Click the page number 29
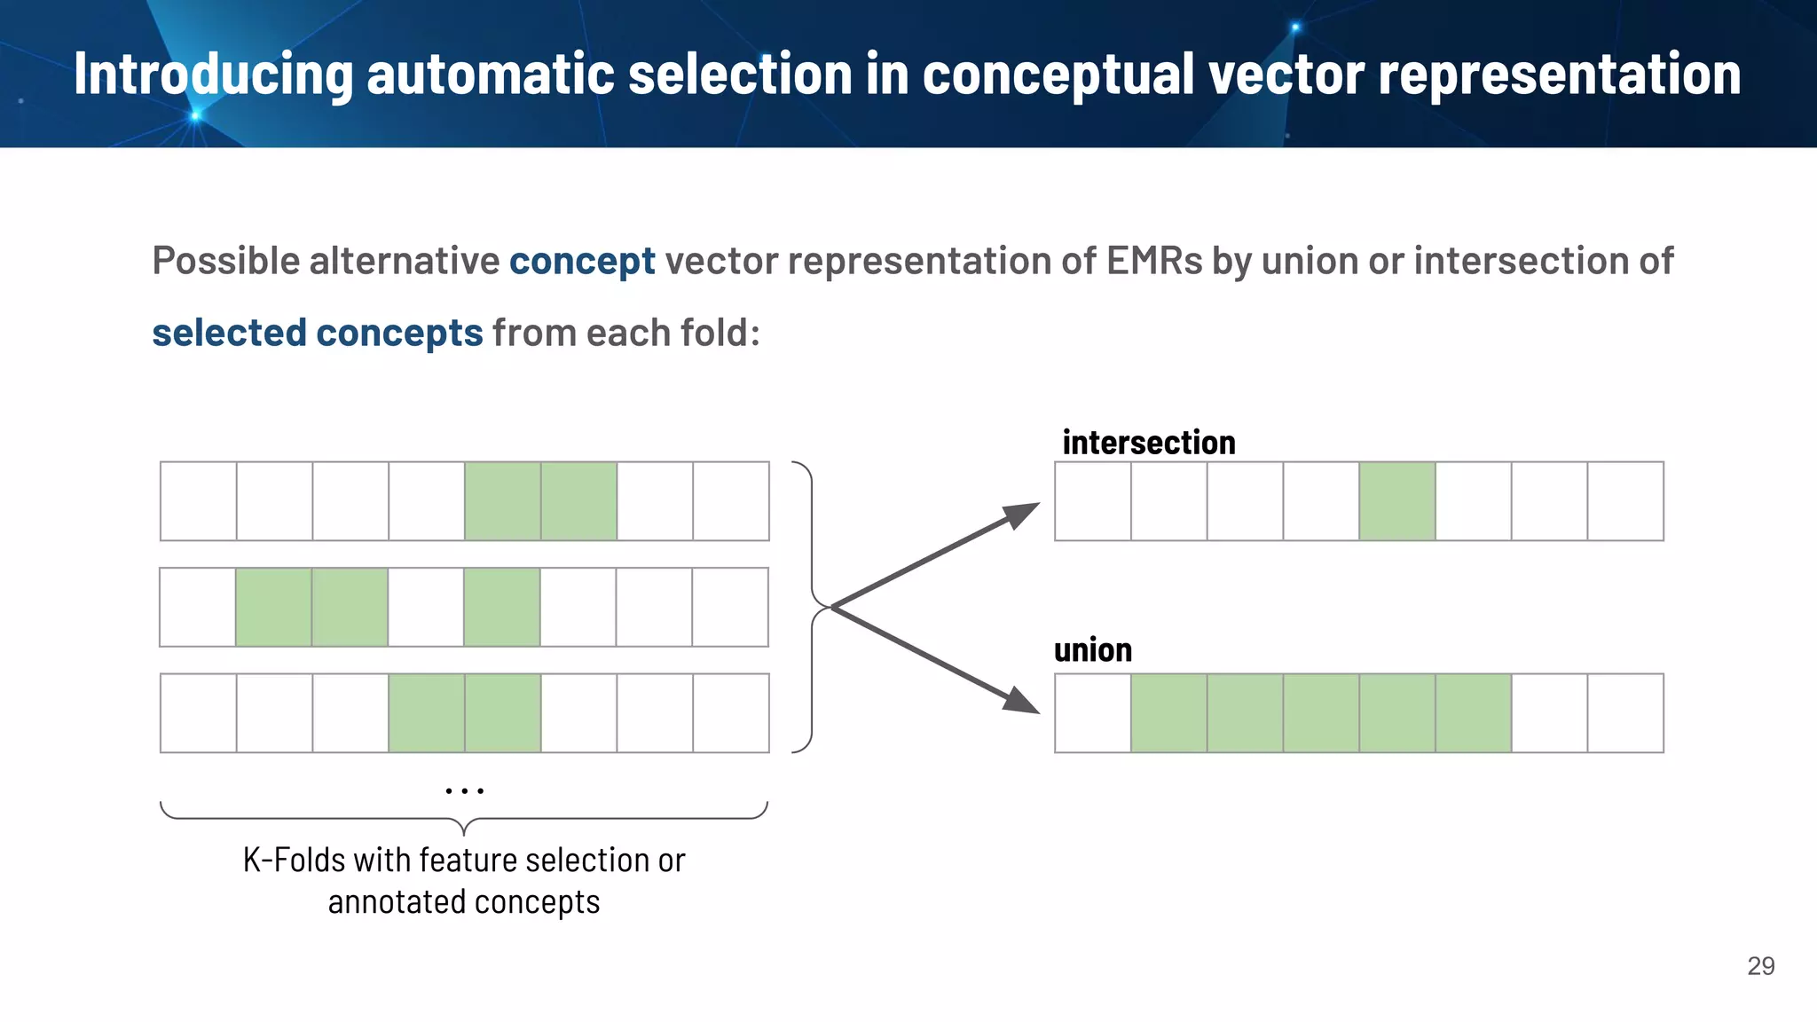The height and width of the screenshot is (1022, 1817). pyautogui.click(x=1760, y=966)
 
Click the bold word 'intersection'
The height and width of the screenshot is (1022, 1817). pyautogui.click(x=1148, y=443)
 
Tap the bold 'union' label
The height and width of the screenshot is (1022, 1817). pyautogui.click(x=1092, y=650)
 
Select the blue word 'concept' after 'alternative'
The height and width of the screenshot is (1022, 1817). pyautogui.click(x=582, y=262)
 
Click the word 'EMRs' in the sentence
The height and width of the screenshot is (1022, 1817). pyautogui.click(x=1154, y=262)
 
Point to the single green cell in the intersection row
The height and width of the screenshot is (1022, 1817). pyautogui.click(x=1396, y=501)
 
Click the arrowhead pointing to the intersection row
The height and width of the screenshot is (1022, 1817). pyautogui.click(x=1022, y=515)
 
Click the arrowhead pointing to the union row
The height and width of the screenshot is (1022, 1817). pyautogui.click(x=1022, y=700)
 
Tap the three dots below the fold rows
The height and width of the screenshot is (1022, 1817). pyautogui.click(x=464, y=790)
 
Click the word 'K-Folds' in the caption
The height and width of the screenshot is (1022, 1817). pyautogui.click(x=294, y=861)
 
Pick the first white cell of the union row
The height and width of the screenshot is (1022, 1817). pyautogui.click(x=1092, y=713)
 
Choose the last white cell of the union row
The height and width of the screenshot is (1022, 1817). pyautogui.click(x=1625, y=713)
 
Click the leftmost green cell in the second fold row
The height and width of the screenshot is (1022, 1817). pyautogui.click(x=273, y=607)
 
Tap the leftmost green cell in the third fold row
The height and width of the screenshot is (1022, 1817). pyautogui.click(x=426, y=713)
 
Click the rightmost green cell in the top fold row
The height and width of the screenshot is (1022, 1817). pyautogui.click(x=578, y=501)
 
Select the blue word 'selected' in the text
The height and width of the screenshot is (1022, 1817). pyautogui.click(x=229, y=334)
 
